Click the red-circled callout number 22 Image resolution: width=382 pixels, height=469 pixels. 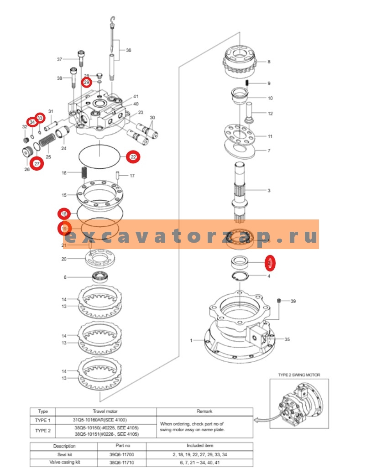pos(133,157)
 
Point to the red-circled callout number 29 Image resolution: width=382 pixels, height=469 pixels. pos(87,82)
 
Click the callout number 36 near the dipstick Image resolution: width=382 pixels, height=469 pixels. pos(128,50)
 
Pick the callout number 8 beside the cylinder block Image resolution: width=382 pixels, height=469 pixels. pos(269,62)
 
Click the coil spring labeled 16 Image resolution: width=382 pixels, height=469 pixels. pos(84,173)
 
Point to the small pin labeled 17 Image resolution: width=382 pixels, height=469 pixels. pos(118,175)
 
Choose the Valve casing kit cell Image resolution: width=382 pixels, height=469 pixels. pos(64,463)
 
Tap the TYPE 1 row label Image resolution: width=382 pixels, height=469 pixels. pos(43,420)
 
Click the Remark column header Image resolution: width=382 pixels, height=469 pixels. pos(204,411)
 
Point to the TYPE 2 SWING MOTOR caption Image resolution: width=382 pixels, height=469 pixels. pos(299,375)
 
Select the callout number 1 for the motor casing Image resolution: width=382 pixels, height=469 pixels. pos(192,341)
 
